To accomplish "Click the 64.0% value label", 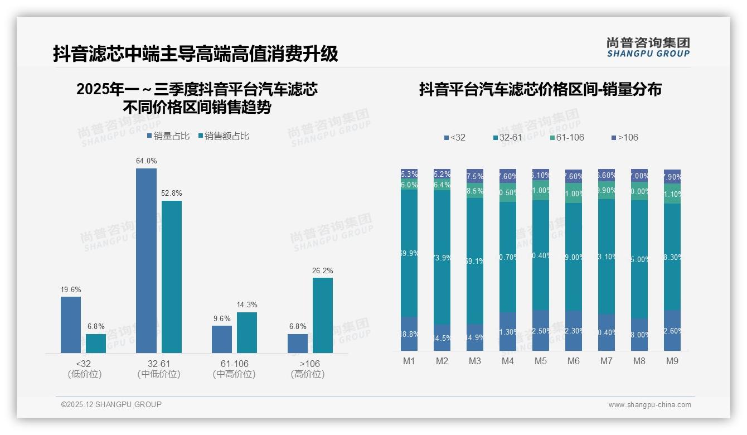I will point(146,161).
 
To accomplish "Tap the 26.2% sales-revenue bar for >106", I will point(322,315).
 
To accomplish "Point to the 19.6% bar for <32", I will point(71,325).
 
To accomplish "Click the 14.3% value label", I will point(247,305).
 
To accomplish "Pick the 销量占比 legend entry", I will point(168,136).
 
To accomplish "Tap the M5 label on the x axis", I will point(541,361).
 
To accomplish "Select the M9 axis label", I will point(672,361).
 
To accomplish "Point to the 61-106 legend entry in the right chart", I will point(566,137).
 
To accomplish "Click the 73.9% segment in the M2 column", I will point(442,258).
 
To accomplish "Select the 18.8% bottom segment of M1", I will point(409,334).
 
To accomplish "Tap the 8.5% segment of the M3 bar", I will point(475,191).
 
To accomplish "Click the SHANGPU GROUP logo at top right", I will point(648,47).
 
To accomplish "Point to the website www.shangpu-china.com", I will point(649,405).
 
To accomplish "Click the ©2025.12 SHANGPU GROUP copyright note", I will point(111,404).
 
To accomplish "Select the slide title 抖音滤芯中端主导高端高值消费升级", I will point(196,54).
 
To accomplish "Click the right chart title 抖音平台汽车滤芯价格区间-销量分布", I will point(540,89).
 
